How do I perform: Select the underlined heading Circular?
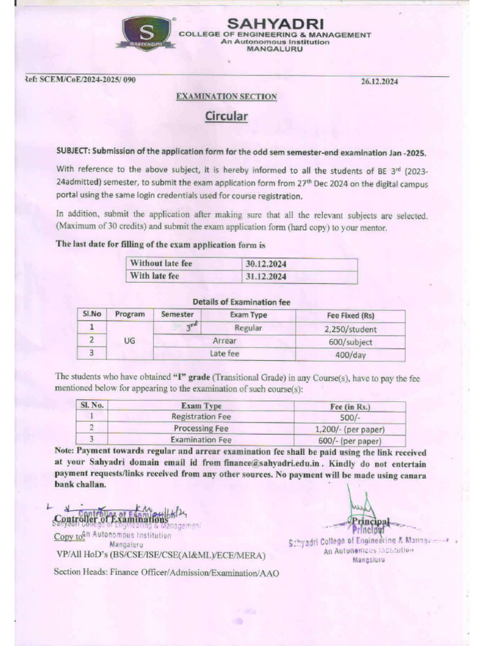click(226, 117)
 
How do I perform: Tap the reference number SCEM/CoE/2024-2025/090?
click(81, 79)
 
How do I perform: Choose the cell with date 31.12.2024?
click(265, 276)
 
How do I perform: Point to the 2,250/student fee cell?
click(350, 329)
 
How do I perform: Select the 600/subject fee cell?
click(350, 342)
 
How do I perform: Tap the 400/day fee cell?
click(350, 355)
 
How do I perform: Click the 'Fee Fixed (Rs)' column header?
click(350, 315)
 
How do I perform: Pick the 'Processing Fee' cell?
click(201, 428)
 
